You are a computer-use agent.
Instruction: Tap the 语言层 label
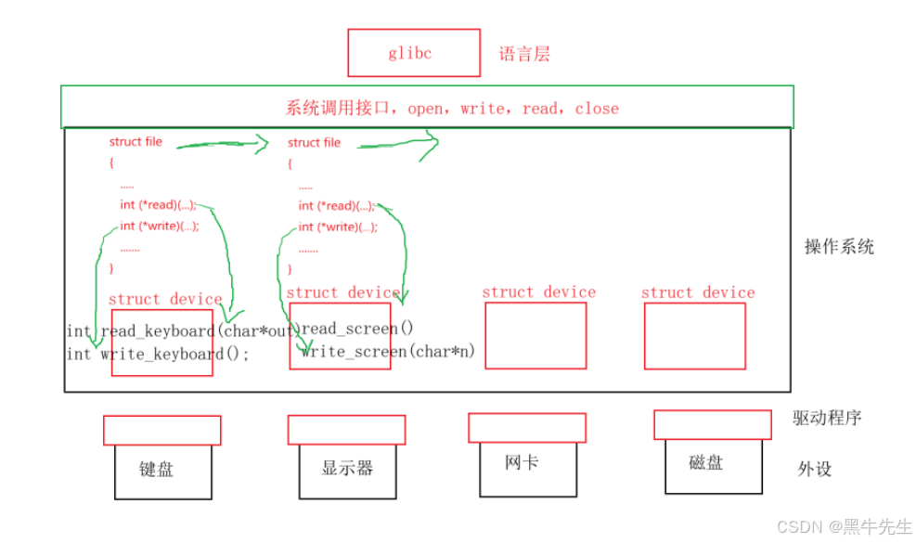(524, 54)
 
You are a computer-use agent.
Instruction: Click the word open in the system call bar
(426, 109)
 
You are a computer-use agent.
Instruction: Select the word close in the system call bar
(596, 109)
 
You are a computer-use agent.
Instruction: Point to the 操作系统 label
(839, 247)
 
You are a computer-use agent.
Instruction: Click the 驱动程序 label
(827, 418)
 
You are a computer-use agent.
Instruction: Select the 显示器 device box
(347, 469)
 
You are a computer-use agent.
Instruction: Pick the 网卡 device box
(522, 462)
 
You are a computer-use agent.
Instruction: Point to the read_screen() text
(357, 328)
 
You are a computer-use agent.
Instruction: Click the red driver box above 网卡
(526, 428)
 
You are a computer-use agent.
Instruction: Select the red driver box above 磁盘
(712, 424)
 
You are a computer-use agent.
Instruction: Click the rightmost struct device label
(698, 292)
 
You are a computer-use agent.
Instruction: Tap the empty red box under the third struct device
(535, 335)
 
